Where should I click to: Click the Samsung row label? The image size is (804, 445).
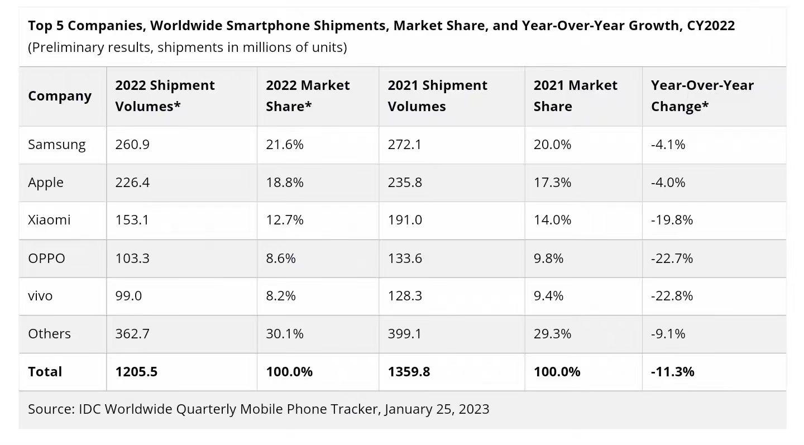[57, 145]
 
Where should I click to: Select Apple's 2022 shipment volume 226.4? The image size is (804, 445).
[132, 183]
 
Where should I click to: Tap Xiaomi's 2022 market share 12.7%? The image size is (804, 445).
[285, 220]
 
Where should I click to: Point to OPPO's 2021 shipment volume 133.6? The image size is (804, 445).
[405, 259]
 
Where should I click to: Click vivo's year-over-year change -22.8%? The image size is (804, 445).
[672, 295]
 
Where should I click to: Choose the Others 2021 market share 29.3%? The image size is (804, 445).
[552, 334]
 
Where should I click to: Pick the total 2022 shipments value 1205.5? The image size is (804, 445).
[136, 372]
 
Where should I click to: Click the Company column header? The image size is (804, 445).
[60, 96]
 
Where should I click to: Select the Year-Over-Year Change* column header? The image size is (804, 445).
[702, 95]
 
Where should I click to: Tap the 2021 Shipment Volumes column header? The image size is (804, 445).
[437, 95]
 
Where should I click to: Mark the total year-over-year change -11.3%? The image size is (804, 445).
[673, 372]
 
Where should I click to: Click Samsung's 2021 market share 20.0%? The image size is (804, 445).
[552, 145]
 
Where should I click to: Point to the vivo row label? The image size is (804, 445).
[40, 295]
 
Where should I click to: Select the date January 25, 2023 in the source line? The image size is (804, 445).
[437, 409]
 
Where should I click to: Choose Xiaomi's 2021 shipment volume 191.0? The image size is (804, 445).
[405, 220]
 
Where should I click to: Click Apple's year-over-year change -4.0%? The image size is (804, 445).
[668, 183]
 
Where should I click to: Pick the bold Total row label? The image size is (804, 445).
[45, 372]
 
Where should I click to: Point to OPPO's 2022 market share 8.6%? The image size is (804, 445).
[281, 259]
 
